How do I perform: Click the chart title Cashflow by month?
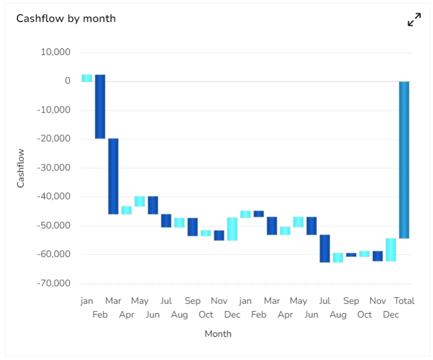[x=66, y=19]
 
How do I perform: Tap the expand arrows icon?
[x=414, y=20]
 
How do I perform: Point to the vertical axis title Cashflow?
[x=21, y=168]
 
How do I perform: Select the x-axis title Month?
[x=218, y=334]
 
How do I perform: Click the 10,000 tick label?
[x=56, y=53]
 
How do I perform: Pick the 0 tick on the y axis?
[x=68, y=81]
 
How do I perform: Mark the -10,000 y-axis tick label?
[x=54, y=110]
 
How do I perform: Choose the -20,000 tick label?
[x=54, y=139]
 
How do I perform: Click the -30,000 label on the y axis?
[x=54, y=168]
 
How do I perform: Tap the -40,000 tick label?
[x=54, y=197]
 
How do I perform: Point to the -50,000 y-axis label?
[x=54, y=226]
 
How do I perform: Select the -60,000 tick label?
[x=54, y=254]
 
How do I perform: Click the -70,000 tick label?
[x=54, y=284]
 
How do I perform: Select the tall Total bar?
[x=404, y=159]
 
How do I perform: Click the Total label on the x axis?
[x=404, y=301]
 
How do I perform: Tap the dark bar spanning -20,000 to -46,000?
[x=113, y=176]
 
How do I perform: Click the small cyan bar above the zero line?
[x=87, y=78]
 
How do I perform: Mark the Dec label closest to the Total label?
[x=391, y=315]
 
